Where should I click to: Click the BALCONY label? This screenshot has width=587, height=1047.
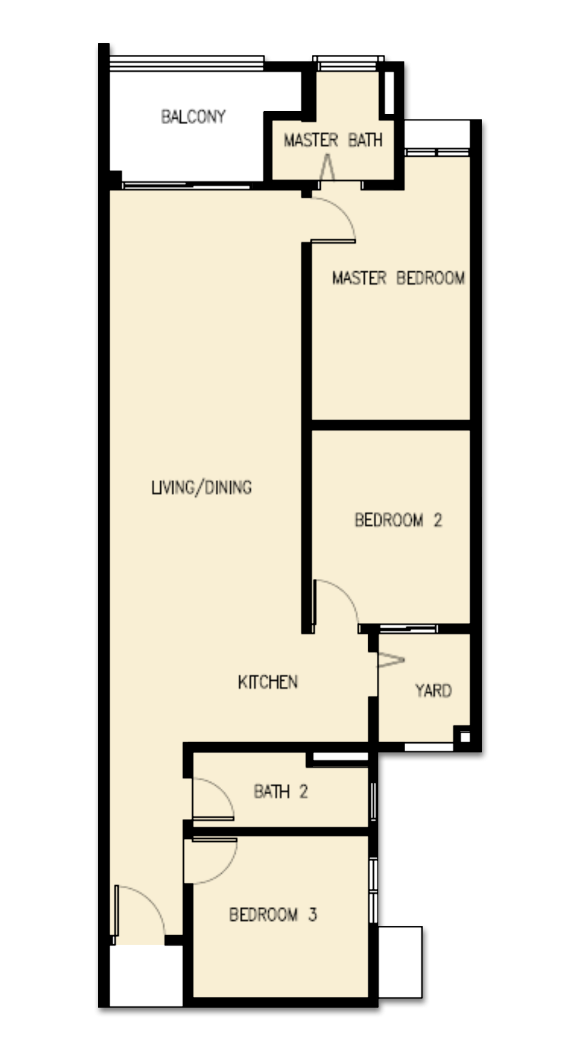[193, 117]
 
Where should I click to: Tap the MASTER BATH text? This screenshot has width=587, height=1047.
[333, 140]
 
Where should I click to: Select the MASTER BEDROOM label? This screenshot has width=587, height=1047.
[398, 278]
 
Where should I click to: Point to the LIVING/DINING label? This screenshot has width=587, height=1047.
[201, 488]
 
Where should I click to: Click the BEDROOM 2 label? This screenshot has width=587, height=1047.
[398, 520]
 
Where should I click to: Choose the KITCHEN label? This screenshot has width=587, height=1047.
[268, 682]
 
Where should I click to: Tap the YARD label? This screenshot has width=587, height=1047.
[433, 690]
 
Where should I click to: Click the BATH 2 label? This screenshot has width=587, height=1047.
[281, 791]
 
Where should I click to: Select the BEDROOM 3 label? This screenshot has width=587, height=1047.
[273, 914]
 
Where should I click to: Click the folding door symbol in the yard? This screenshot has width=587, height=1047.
[391, 660]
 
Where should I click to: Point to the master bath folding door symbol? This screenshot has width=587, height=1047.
[327, 166]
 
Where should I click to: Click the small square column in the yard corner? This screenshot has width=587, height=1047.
[465, 737]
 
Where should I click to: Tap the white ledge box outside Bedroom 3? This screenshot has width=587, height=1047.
[400, 962]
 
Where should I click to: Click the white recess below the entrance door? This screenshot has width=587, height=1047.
[146, 975]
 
